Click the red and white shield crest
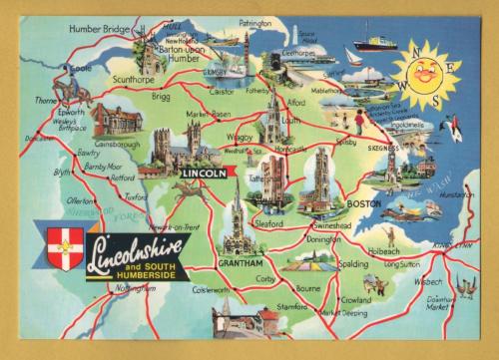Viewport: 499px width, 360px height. (x=64, y=243)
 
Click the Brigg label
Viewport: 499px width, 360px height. (x=161, y=98)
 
